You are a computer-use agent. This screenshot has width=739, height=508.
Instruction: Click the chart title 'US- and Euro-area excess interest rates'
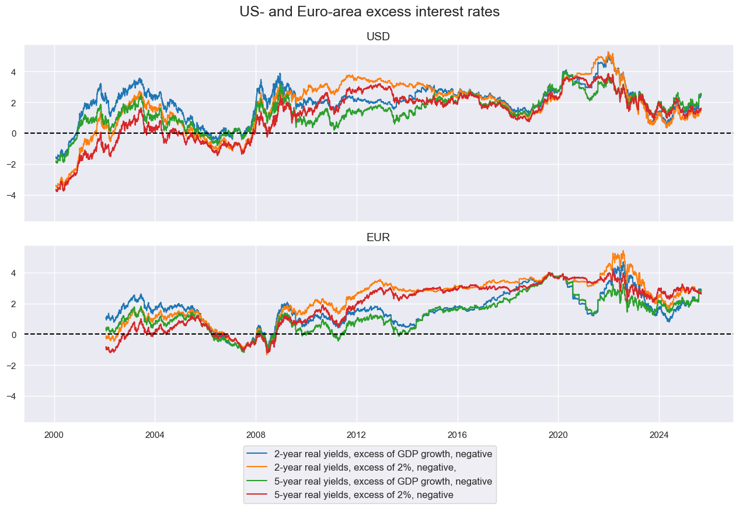coord(370,12)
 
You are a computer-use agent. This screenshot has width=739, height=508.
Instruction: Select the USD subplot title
coord(378,36)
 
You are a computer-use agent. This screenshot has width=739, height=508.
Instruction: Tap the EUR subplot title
coord(378,238)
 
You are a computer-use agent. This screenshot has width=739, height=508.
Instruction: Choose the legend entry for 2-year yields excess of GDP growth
coord(383,453)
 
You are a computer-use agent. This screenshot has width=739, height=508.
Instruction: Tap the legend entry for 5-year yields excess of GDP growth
coord(383,481)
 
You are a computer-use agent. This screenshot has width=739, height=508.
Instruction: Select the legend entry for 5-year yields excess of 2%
coord(364,495)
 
